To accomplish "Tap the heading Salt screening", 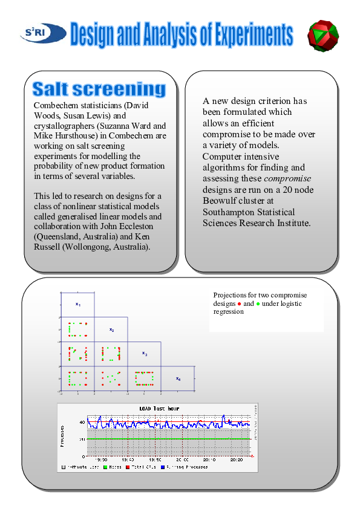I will tap(99, 89).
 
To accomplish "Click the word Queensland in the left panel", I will tap(56, 238).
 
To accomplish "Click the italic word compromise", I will tap(287, 178).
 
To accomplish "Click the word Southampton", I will tap(231, 212).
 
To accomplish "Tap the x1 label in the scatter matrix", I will tap(78, 303).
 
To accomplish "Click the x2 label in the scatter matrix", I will tap(111, 329).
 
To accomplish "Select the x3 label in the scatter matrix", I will tap(145, 354).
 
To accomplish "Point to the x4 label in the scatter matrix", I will tap(178, 378).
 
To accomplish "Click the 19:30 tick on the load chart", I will tap(101, 459).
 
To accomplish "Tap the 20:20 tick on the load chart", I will tap(237, 459).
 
